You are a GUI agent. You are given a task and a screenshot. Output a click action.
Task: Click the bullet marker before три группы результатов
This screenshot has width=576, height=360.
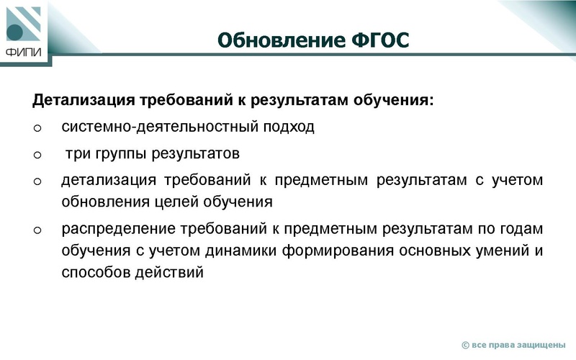(37, 155)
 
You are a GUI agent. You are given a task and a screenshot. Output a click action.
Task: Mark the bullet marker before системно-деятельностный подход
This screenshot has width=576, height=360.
(37, 128)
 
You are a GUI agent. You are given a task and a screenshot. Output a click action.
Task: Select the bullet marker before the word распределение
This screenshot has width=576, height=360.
(37, 230)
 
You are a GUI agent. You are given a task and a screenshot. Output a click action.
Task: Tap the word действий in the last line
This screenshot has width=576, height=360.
(178, 273)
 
